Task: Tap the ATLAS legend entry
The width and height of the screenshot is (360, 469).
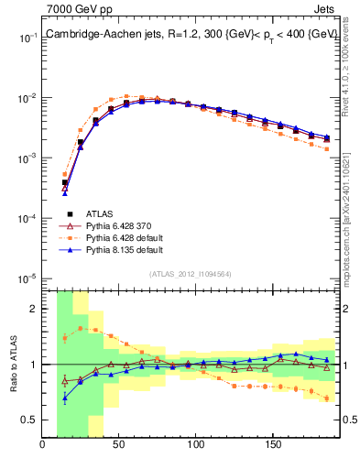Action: pyautogui.click(x=102, y=213)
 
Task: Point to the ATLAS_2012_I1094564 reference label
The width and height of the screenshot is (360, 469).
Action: pyautogui.click(x=191, y=273)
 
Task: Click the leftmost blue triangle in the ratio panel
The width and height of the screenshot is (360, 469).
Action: pyautogui.click(x=65, y=398)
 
